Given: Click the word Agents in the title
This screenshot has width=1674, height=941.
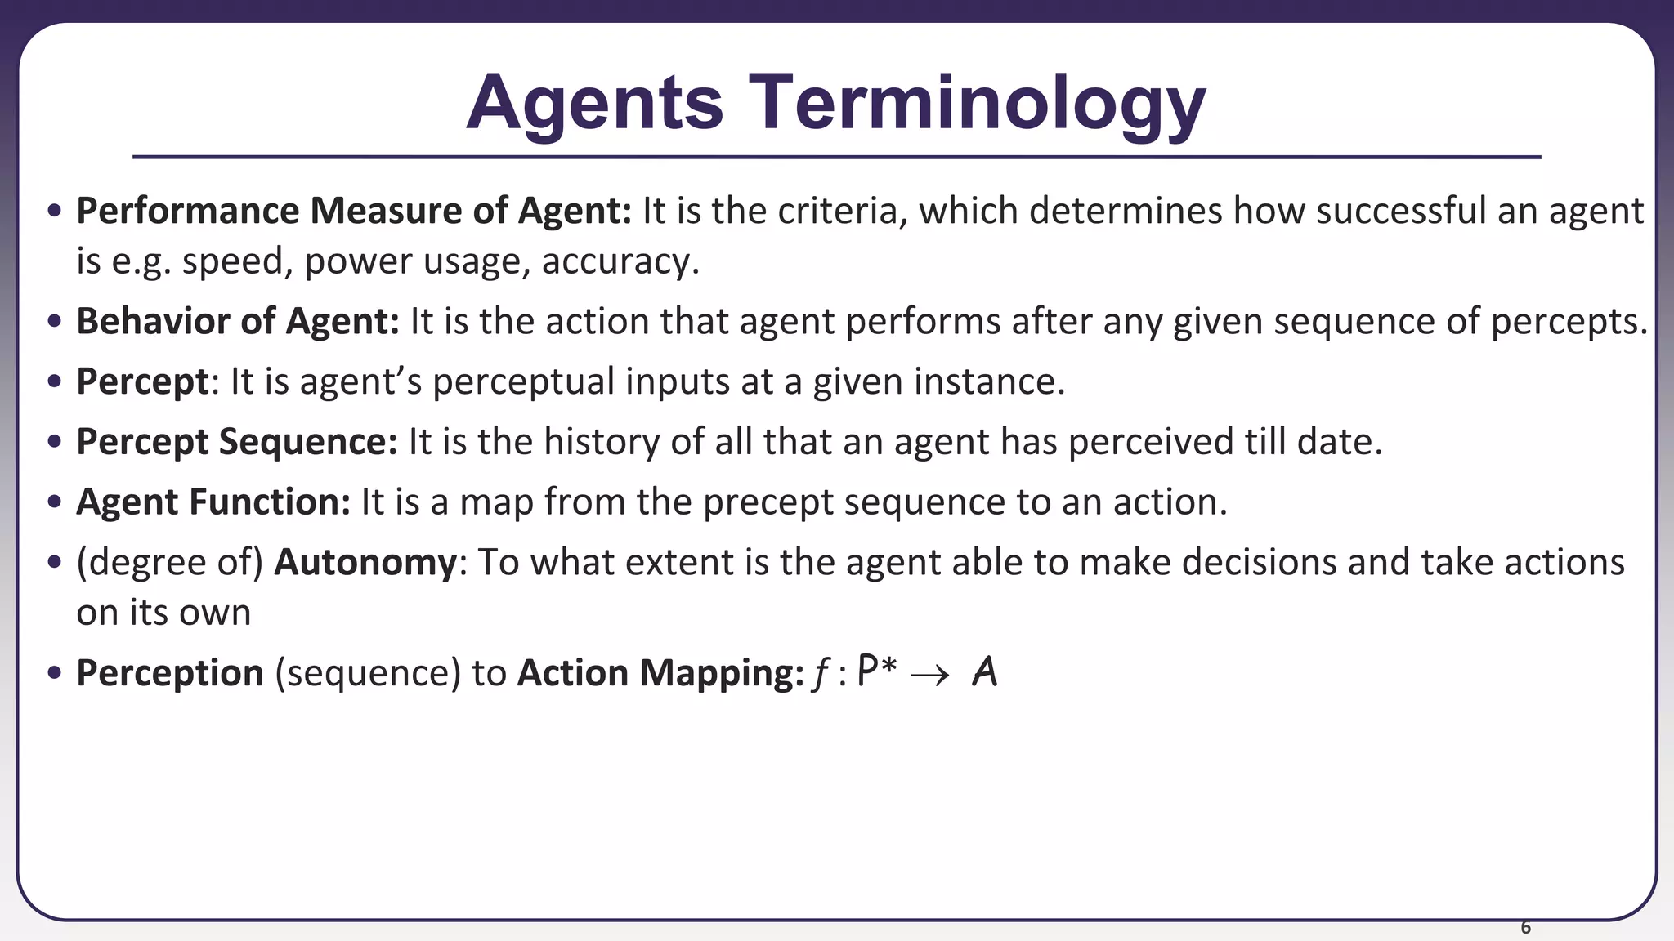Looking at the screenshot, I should tap(594, 104).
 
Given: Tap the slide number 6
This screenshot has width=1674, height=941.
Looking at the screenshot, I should tap(1525, 927).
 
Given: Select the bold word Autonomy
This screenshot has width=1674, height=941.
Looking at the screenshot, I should tap(365, 563).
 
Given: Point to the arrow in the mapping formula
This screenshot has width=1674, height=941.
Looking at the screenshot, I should tap(929, 675).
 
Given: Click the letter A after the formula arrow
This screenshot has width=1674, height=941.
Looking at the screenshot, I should tap(985, 673).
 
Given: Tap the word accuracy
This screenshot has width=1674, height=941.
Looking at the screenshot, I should tap(620, 261).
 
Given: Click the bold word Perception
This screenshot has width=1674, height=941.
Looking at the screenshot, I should tap(170, 673).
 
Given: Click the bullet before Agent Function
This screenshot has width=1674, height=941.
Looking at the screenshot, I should tap(55, 502).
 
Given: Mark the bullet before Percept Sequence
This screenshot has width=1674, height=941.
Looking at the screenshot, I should tap(55, 442).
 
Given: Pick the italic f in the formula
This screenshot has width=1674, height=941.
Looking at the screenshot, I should tap(819, 675).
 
